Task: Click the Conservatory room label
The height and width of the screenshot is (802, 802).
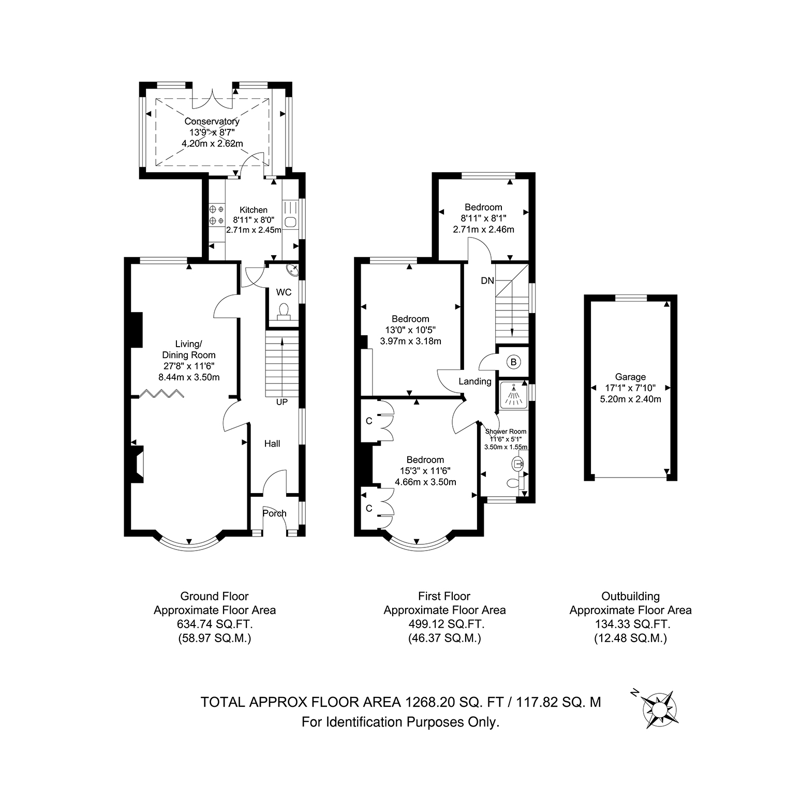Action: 212,122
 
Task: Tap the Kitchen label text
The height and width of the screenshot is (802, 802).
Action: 254,210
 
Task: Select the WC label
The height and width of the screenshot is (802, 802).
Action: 284,292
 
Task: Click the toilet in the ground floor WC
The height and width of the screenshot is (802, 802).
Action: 283,311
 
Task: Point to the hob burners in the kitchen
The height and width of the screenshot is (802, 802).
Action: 217,215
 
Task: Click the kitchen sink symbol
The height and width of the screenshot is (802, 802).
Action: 291,222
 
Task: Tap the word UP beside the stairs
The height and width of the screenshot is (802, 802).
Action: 281,402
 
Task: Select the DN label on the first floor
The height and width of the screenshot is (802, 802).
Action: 487,280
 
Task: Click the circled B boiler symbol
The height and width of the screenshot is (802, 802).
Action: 513,362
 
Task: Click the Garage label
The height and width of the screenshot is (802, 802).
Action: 630,377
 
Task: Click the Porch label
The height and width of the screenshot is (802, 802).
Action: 274,513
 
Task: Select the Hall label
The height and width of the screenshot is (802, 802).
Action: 272,443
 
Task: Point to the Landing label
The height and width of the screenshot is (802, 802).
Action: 475,381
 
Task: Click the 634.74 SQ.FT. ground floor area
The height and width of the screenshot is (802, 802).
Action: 215,624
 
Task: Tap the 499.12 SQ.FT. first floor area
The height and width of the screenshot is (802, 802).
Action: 445,624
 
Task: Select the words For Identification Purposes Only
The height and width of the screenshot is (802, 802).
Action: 400,721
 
